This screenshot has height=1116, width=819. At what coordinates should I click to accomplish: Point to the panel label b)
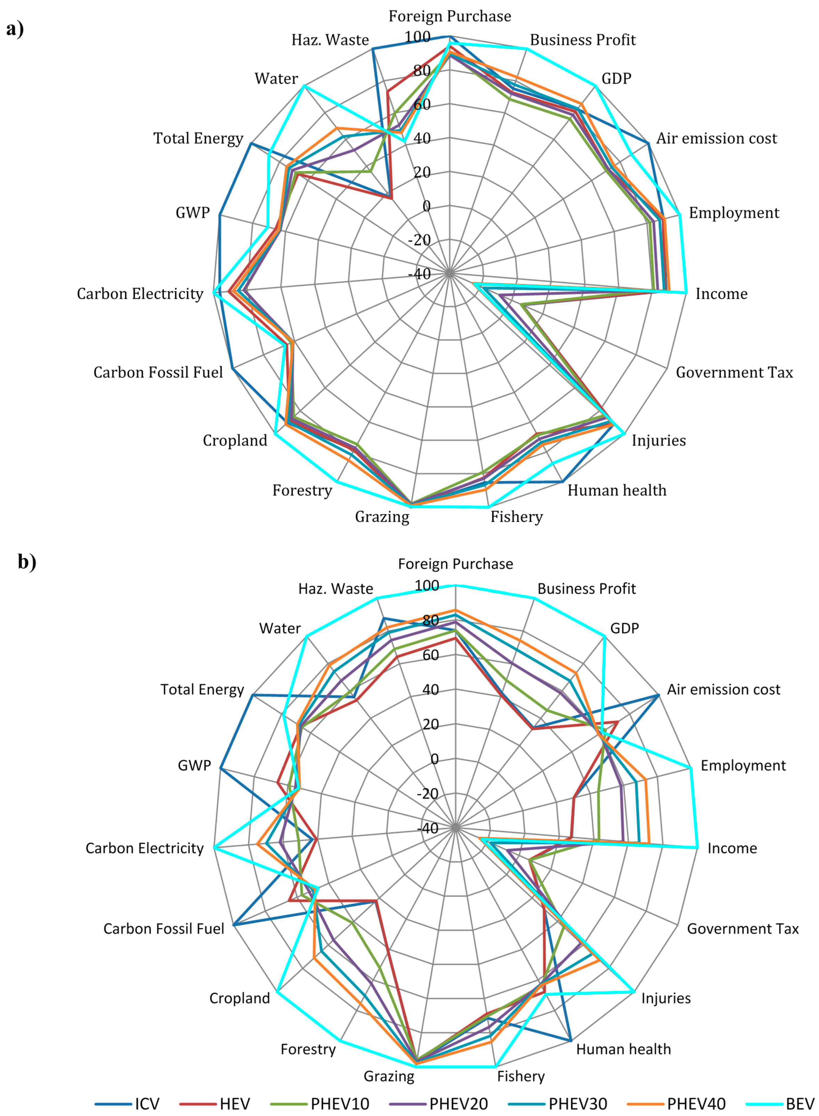coord(27,561)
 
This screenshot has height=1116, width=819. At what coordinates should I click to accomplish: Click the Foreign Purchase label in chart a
coord(450,16)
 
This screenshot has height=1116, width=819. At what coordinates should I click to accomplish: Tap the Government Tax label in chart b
coord(743,928)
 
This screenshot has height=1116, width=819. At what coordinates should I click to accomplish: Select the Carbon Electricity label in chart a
coord(140,293)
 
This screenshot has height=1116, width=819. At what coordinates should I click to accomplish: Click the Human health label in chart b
coord(623,1049)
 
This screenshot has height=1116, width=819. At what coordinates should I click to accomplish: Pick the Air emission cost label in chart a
coord(717,138)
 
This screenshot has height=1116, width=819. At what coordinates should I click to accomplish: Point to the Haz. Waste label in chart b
coord(336,588)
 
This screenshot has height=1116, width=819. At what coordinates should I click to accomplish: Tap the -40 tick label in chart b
coord(427,827)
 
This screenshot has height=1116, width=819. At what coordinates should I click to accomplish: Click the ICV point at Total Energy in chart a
coord(251,143)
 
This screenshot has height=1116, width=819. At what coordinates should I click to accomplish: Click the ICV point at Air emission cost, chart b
coord(659,695)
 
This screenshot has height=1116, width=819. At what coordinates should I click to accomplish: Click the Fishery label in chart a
coord(516,517)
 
